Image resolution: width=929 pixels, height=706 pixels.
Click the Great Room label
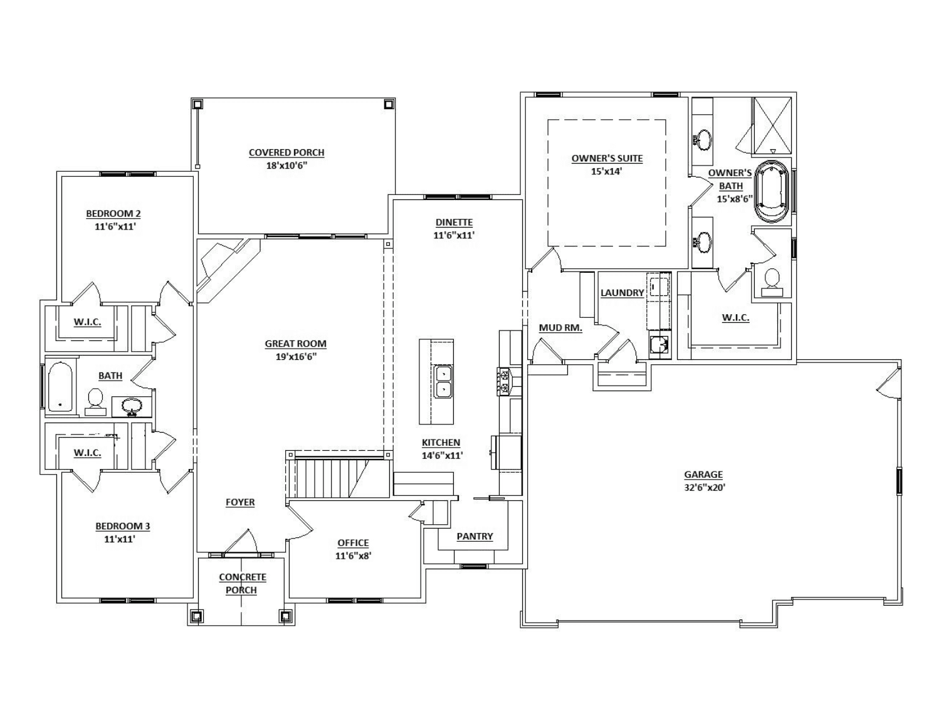[295, 344]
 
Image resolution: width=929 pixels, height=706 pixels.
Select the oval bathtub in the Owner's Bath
[772, 191]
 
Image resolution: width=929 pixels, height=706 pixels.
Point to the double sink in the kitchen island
[443, 382]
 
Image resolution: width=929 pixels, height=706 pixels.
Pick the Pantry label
[475, 536]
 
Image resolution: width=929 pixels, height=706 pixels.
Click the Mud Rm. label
[560, 327]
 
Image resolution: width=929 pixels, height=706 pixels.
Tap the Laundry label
[622, 292]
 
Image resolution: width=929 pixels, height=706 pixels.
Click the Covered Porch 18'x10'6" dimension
[286, 166]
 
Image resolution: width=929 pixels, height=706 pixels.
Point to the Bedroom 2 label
[113, 213]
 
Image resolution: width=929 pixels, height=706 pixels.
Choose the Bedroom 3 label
[123, 526]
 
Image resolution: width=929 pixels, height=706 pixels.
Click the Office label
[354, 542]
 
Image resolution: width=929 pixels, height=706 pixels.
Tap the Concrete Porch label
[242, 583]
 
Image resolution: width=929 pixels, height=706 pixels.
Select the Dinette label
[454, 222]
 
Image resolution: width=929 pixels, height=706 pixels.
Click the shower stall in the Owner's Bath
[772, 125]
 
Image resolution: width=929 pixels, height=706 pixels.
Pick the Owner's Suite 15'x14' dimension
[607, 171]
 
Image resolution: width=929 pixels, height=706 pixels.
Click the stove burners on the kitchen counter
[505, 381]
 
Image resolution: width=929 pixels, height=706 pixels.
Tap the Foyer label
[240, 502]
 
